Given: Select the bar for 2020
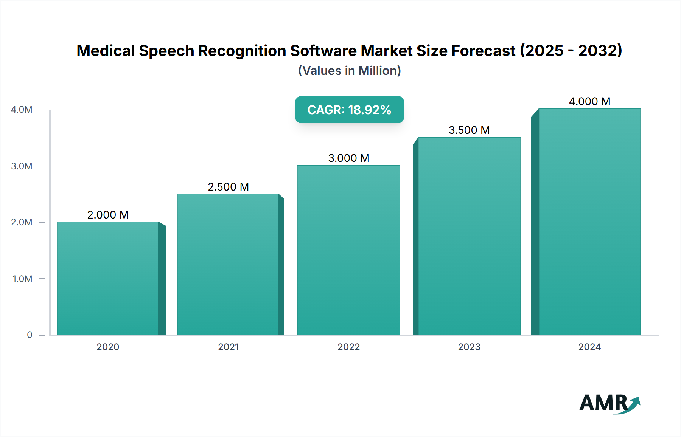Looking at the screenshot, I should pos(108,278).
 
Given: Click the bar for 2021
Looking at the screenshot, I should pos(228,265).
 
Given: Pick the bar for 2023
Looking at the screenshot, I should pos(469,236).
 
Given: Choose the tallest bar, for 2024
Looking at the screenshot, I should pos(589,222).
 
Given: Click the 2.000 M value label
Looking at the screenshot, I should pos(108,215).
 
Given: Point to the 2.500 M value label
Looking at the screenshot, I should pos(228,187).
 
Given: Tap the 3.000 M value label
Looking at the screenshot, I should pos(348,158).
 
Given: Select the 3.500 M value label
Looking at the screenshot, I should pos(469,130).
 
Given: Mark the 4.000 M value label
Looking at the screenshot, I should pos(589,101).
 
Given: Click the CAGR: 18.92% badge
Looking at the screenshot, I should pos(349,110).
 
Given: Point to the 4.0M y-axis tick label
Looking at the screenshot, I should pos(22,110).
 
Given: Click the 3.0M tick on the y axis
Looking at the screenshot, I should pos(22,166).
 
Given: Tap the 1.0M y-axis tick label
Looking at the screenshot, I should pos(22,279).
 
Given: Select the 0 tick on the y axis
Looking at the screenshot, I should pos(30,335).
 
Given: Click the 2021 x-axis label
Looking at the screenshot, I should pos(228,347).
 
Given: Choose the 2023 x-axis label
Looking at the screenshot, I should pos(469,347).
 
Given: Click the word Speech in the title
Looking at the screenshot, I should pos(166,51).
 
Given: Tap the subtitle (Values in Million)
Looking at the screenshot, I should pos(349,71).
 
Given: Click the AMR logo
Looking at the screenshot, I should pos(609,403).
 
